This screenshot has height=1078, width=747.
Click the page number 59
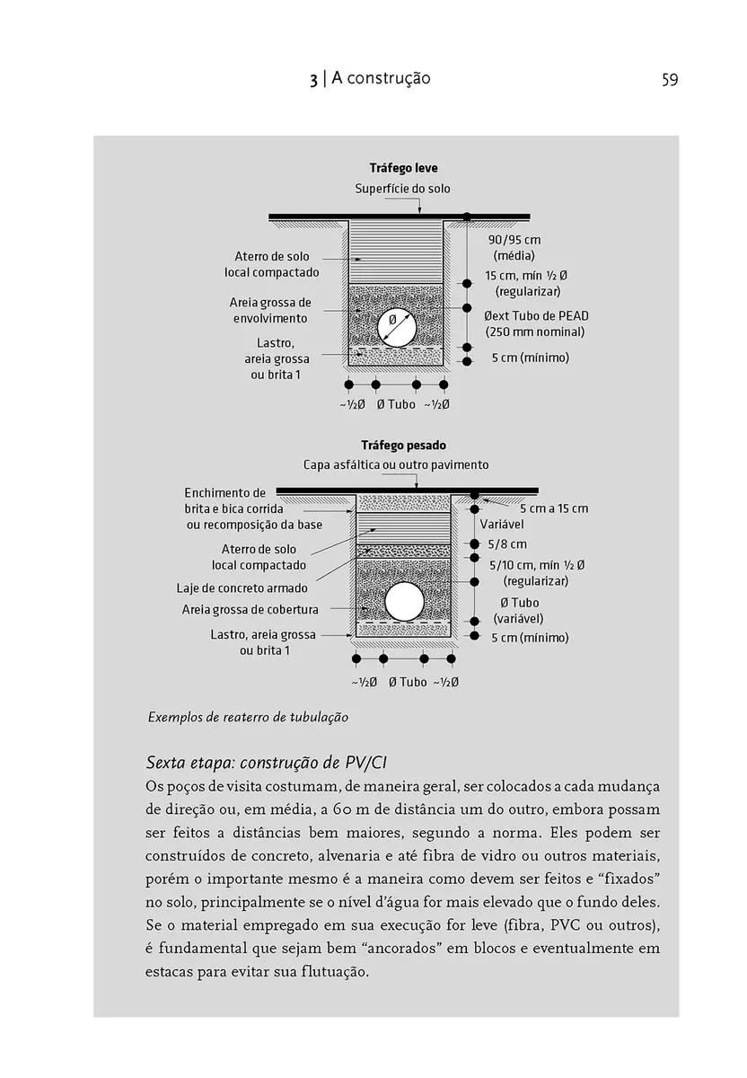669,80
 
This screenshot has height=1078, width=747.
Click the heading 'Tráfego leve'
403,168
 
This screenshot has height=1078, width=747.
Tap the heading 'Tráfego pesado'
403,445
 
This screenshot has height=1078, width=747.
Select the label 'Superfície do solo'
402,189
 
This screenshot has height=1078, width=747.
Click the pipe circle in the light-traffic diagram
395,329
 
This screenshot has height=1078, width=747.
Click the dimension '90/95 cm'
514,240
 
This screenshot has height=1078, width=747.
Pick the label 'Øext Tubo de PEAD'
534,316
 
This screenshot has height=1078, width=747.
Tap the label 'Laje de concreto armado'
242,588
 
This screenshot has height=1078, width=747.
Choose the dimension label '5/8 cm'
507,544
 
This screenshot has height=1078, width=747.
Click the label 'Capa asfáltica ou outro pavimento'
396,465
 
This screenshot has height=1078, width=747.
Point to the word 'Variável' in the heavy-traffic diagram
502,524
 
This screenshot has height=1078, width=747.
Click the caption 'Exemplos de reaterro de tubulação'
247,717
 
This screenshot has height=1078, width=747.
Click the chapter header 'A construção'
381,79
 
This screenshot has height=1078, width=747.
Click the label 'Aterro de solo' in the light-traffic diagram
271,257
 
